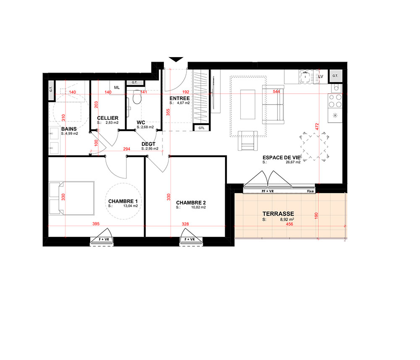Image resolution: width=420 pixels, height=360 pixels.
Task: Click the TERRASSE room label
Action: [x=278, y=214]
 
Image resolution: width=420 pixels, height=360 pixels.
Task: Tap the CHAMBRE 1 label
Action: [x=123, y=201]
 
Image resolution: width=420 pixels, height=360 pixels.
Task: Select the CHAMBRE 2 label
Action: [x=191, y=203]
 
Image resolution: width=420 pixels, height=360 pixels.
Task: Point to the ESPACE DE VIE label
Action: [x=281, y=158]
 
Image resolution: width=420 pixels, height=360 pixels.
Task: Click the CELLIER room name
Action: [x=108, y=118]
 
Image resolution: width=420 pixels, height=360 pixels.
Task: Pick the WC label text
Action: [x=141, y=122]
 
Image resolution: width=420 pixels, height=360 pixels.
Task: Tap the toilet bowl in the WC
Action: [x=137, y=97]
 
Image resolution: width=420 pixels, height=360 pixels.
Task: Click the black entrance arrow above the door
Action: [x=176, y=60]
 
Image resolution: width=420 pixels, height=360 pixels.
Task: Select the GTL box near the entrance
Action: [x=202, y=128]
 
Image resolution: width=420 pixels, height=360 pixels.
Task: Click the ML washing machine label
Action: [x=117, y=88]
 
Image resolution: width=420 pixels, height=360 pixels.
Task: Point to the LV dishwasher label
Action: [x=320, y=76]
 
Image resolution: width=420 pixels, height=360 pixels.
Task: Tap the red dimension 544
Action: [x=276, y=92]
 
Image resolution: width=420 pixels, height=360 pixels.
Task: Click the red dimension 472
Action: [x=317, y=127]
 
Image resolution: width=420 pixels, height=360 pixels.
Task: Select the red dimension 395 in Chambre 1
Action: [x=96, y=223]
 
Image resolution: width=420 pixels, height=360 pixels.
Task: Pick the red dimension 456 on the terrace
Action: [x=289, y=224]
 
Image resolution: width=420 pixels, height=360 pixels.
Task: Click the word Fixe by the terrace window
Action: [x=310, y=191]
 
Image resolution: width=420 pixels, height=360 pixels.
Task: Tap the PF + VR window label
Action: [x=268, y=191]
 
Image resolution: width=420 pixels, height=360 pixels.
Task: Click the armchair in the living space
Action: [x=248, y=141]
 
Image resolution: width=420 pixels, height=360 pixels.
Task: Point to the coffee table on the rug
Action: [x=248, y=105]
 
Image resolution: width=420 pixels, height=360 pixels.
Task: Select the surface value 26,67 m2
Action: [x=293, y=162]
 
